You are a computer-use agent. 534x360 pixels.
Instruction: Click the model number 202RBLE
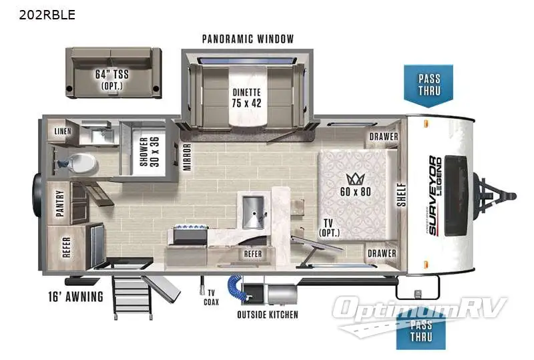point(39,14)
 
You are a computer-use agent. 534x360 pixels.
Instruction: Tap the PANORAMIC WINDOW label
point(248,39)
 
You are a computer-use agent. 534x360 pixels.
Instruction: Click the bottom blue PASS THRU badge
point(421,331)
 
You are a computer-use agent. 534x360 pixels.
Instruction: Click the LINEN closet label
point(63,132)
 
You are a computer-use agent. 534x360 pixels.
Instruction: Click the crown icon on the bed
point(352,179)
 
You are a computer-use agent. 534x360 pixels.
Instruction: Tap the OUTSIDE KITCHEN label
point(268,315)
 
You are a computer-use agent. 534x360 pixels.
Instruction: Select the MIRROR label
point(188,158)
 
